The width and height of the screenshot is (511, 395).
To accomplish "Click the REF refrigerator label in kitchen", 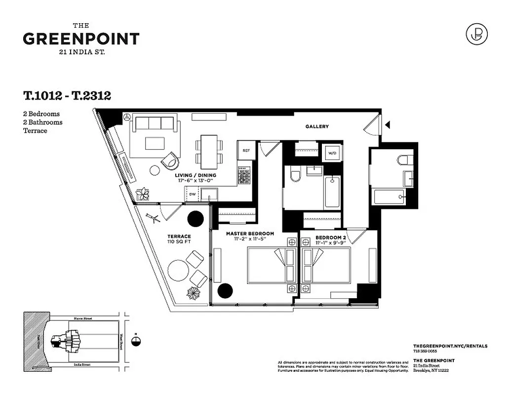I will [x=245, y=149].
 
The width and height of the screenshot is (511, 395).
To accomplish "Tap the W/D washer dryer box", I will [x=332, y=153].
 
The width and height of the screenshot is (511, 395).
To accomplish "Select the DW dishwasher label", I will [x=193, y=194].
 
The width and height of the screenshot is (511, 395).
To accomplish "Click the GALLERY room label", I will [x=316, y=126].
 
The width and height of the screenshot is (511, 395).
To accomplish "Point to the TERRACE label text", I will [x=179, y=236].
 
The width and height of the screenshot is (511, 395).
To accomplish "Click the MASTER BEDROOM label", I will [x=250, y=233].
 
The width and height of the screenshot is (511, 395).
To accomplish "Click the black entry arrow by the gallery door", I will [x=388, y=125].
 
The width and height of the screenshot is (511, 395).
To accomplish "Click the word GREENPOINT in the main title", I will [x=81, y=39].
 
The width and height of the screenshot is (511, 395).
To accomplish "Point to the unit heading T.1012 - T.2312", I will [x=67, y=96].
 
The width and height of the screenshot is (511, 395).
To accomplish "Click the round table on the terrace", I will [x=178, y=270].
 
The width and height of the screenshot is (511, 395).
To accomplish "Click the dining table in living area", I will [x=208, y=150].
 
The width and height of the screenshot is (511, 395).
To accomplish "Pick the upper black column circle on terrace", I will [x=196, y=218].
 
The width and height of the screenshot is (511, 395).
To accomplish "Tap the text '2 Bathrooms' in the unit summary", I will [x=43, y=122].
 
